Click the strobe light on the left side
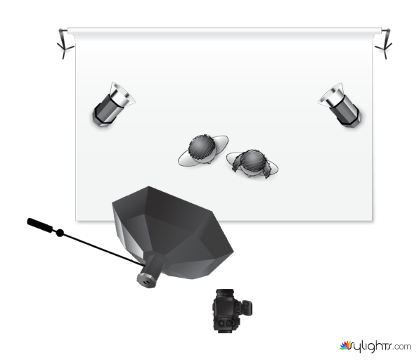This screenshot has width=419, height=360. point(112,105)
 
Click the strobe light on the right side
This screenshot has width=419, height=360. point(340,105)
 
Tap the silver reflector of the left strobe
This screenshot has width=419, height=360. point(122,96)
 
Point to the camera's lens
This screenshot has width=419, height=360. point(225,292)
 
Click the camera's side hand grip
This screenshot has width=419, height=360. point(247,307)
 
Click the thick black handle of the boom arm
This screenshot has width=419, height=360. point(40,225)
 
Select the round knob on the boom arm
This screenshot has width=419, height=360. point(60,233)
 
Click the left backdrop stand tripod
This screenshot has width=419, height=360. point(64,44)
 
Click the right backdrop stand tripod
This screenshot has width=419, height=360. point(385,44)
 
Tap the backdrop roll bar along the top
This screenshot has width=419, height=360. point(224,30)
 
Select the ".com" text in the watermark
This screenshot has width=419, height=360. point(401,347)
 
